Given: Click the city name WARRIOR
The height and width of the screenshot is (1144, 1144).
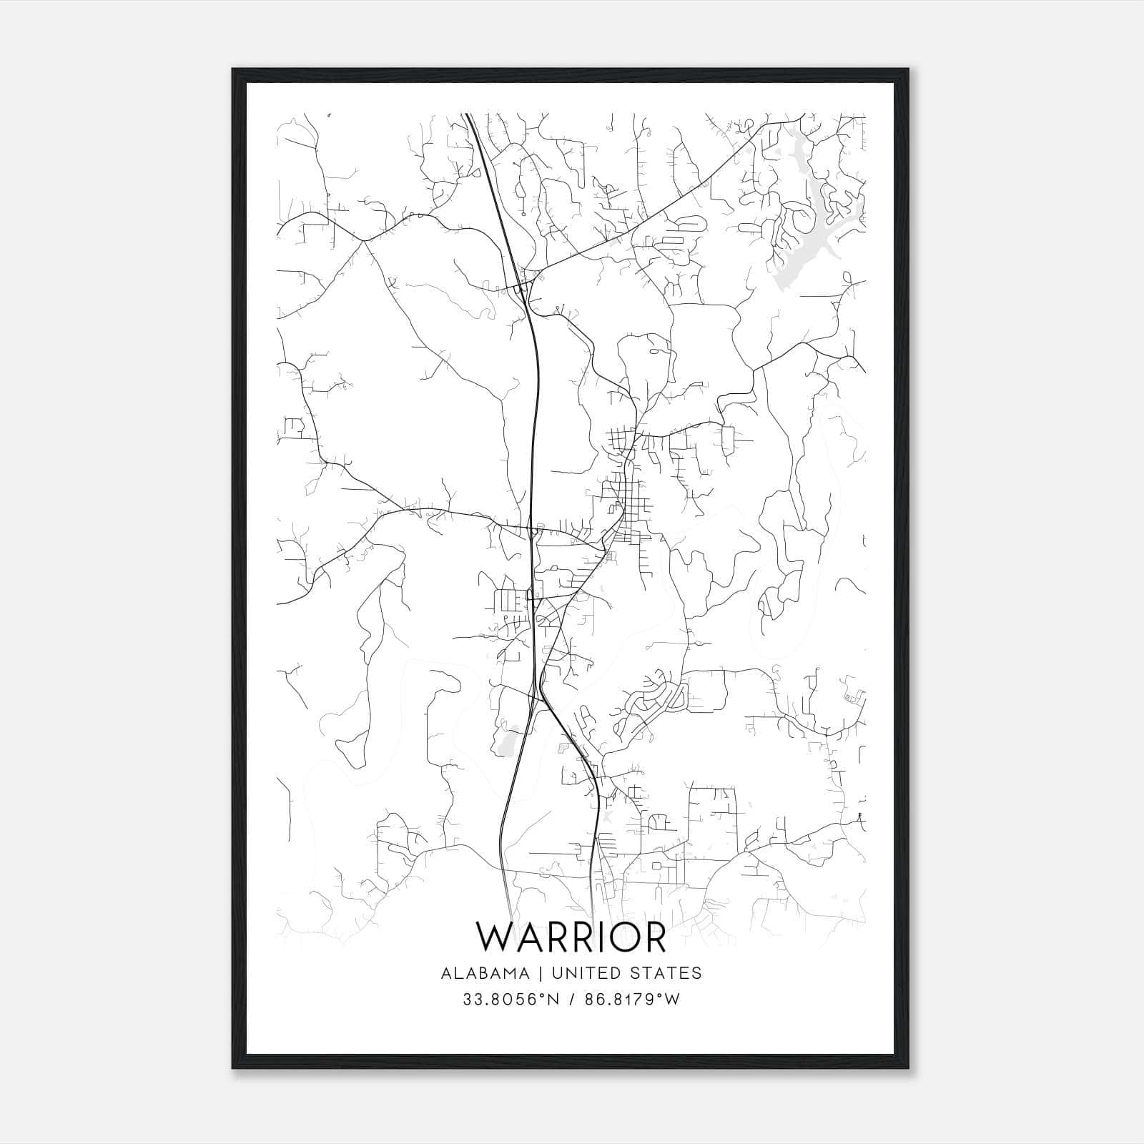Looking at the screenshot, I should point(571,937).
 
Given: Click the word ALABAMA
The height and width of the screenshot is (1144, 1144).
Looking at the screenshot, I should point(485,973).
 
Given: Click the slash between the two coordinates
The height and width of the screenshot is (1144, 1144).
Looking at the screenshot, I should point(570,1000).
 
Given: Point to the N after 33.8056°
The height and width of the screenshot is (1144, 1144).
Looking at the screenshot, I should point(548,1000).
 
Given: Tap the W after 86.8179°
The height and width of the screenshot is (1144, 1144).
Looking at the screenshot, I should point(671,1000).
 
